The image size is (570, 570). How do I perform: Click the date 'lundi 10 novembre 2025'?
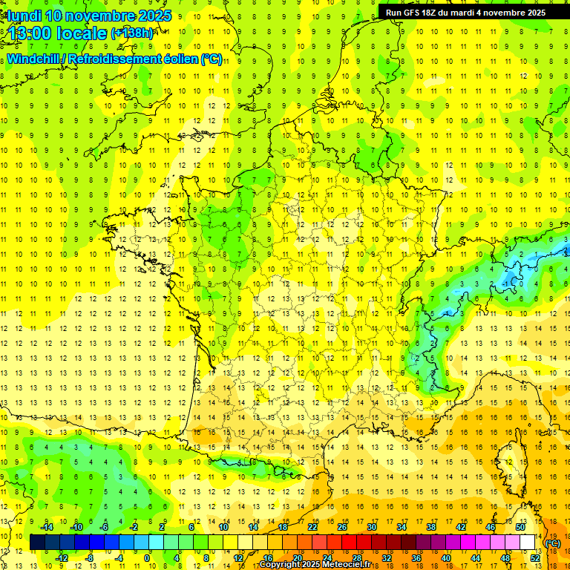pyautogui.click(x=90, y=16)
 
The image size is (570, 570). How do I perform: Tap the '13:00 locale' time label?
pyautogui.click(x=56, y=33)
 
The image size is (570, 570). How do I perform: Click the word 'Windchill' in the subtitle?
pyautogui.click(x=34, y=59)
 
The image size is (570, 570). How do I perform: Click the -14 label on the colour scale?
pyautogui.click(x=47, y=526)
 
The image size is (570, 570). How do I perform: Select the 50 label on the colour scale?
pyautogui.click(x=521, y=526)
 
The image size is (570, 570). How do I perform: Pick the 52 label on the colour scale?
pyautogui.click(x=535, y=557)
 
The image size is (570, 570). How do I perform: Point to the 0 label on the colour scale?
pyautogui.click(x=147, y=557)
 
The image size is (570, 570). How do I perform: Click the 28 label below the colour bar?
pyautogui.click(x=357, y=557)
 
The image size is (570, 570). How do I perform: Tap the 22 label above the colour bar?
pyautogui.click(x=312, y=526)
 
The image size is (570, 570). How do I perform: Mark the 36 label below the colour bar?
pyautogui.click(x=416, y=557)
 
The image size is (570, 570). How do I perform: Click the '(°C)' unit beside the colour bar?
pyautogui.click(x=553, y=543)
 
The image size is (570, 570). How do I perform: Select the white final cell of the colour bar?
pyautogui.click(x=528, y=542)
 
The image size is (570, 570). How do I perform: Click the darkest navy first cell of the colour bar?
pyautogui.click(x=37, y=542)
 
